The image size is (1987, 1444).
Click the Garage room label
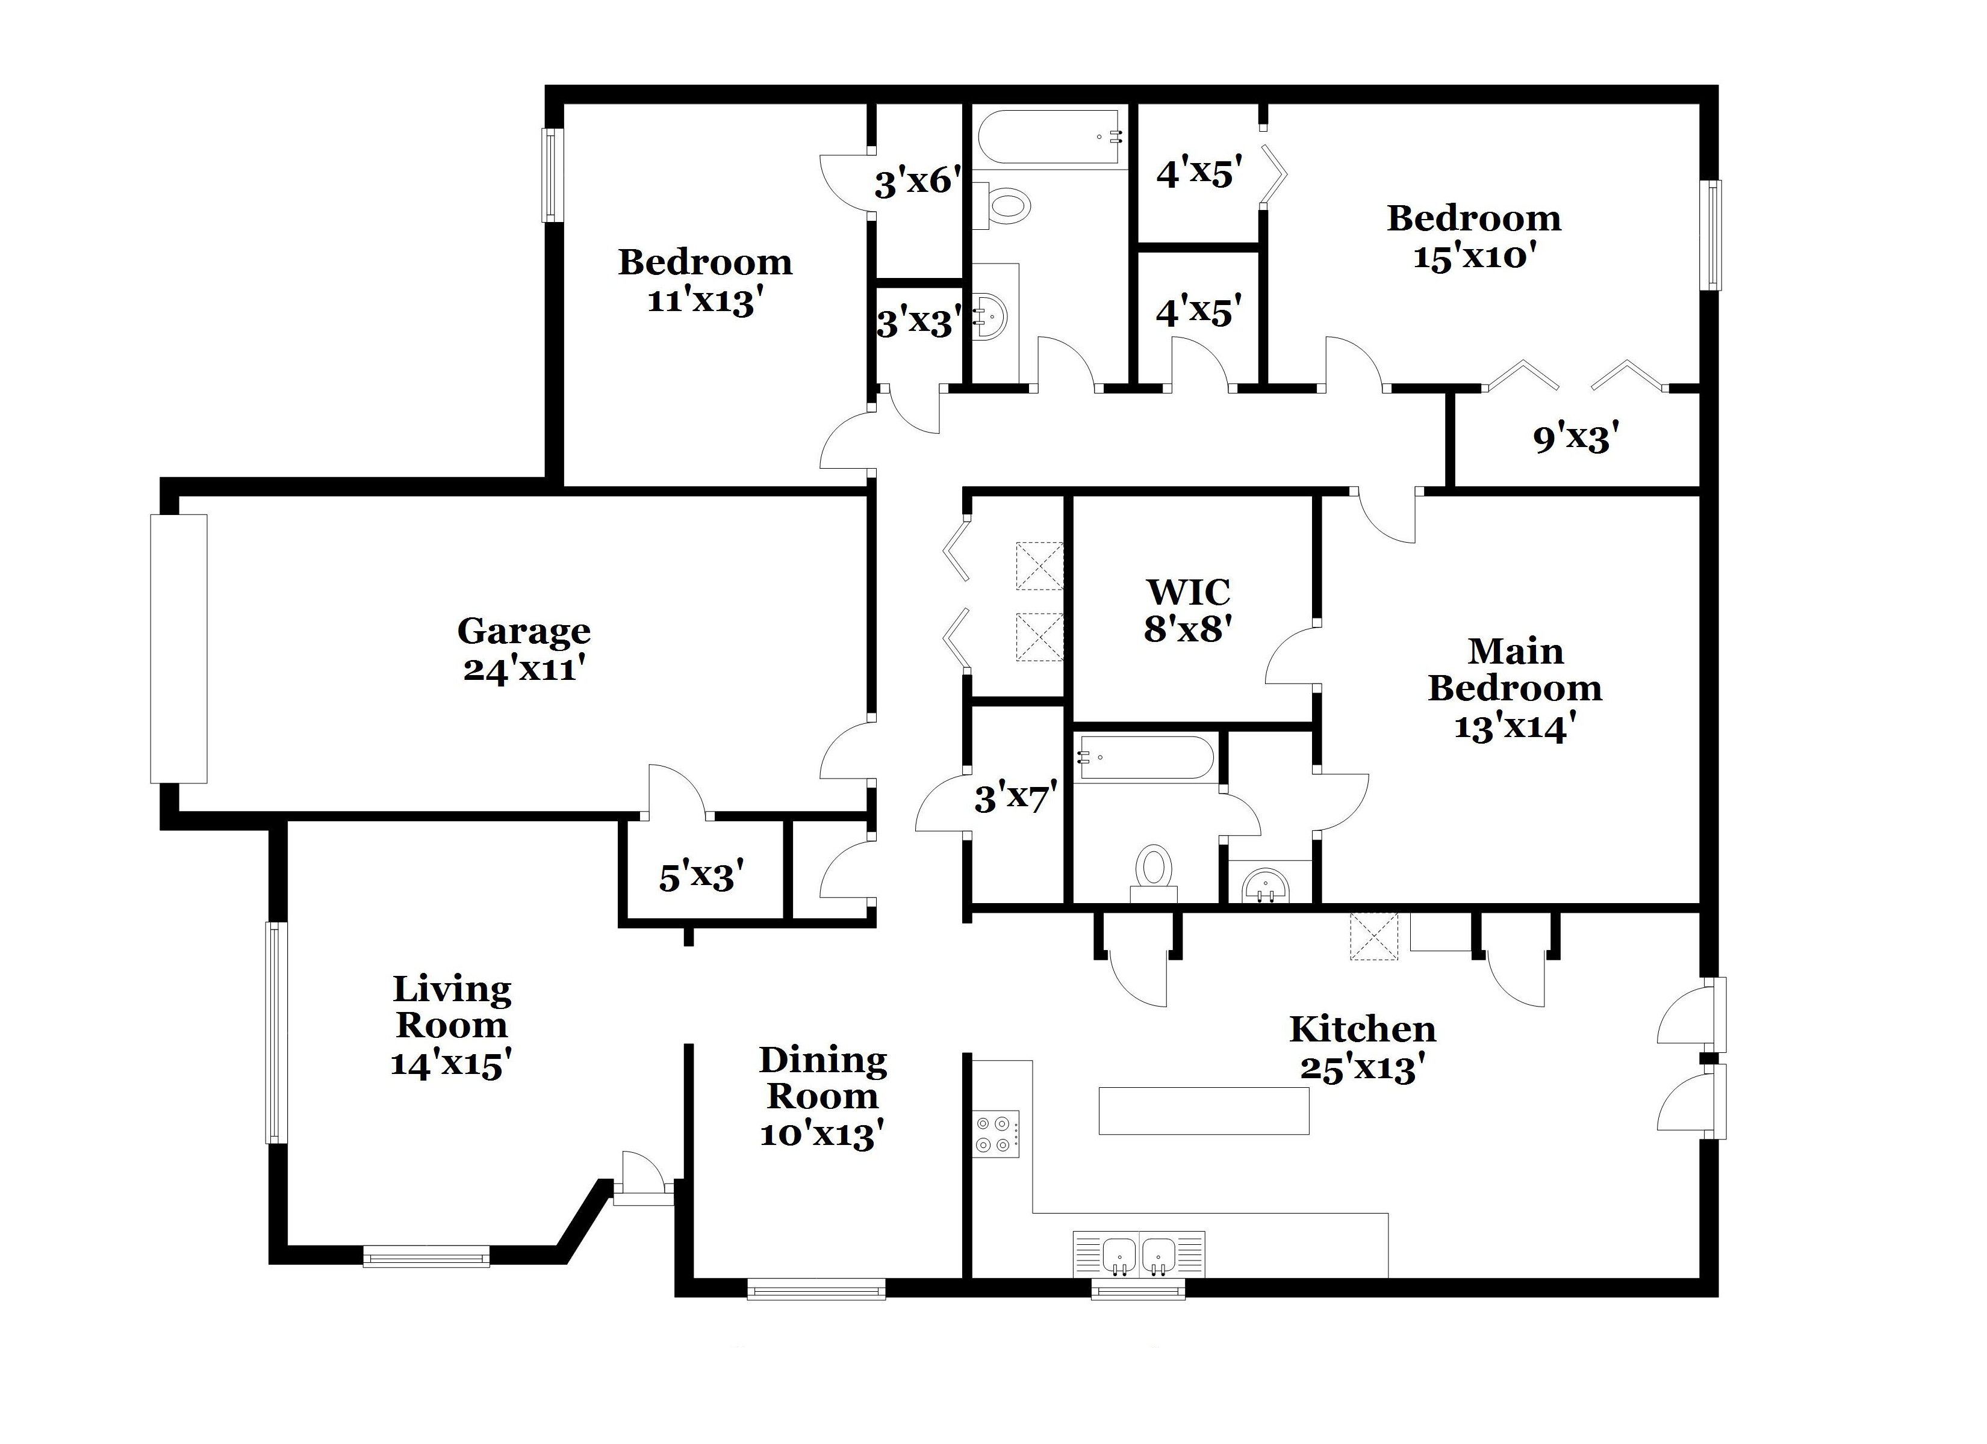pos(524,631)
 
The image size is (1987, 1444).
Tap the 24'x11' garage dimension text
pos(524,670)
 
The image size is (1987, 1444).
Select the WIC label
pos(1188,592)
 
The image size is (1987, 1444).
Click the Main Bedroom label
pos(1515,670)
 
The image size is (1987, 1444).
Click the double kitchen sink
pos(1139,1254)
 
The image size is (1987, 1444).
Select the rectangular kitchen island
pos(1204,1110)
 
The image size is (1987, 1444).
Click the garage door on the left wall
pos(179,648)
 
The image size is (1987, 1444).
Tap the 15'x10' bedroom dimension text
pos(1475,256)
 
